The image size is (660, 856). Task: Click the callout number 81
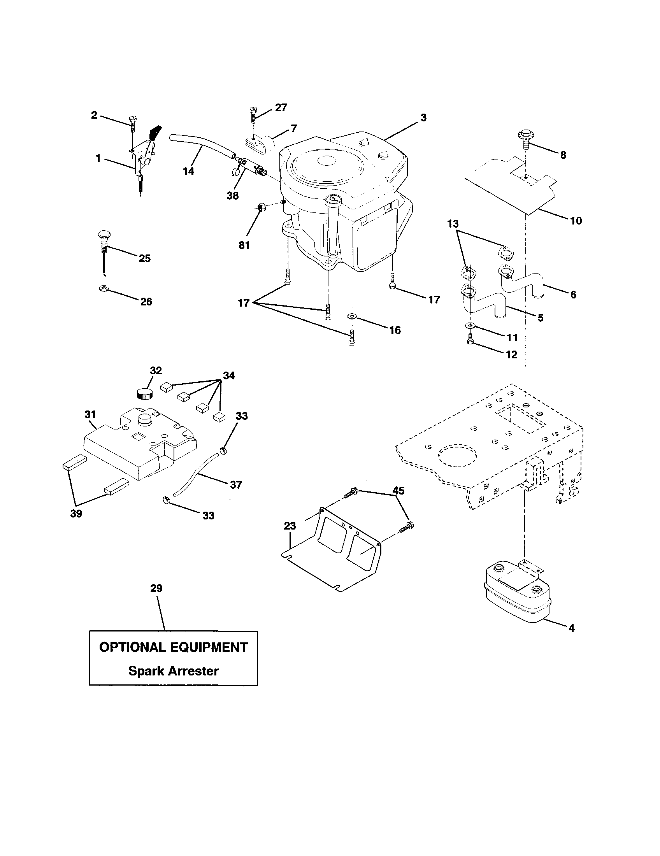[x=244, y=245]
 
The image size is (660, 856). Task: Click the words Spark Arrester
[x=173, y=671]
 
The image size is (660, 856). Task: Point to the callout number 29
[x=156, y=588]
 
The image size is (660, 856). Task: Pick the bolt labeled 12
[x=470, y=341]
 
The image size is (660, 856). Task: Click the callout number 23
[x=290, y=526]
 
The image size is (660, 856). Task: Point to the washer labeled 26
[x=103, y=289]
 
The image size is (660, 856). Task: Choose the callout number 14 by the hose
[x=188, y=171]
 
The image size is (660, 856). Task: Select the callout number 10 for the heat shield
[x=576, y=221]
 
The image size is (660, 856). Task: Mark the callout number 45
[x=398, y=490]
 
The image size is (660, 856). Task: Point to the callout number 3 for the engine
[x=423, y=117]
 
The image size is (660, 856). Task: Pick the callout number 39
[x=76, y=514]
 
